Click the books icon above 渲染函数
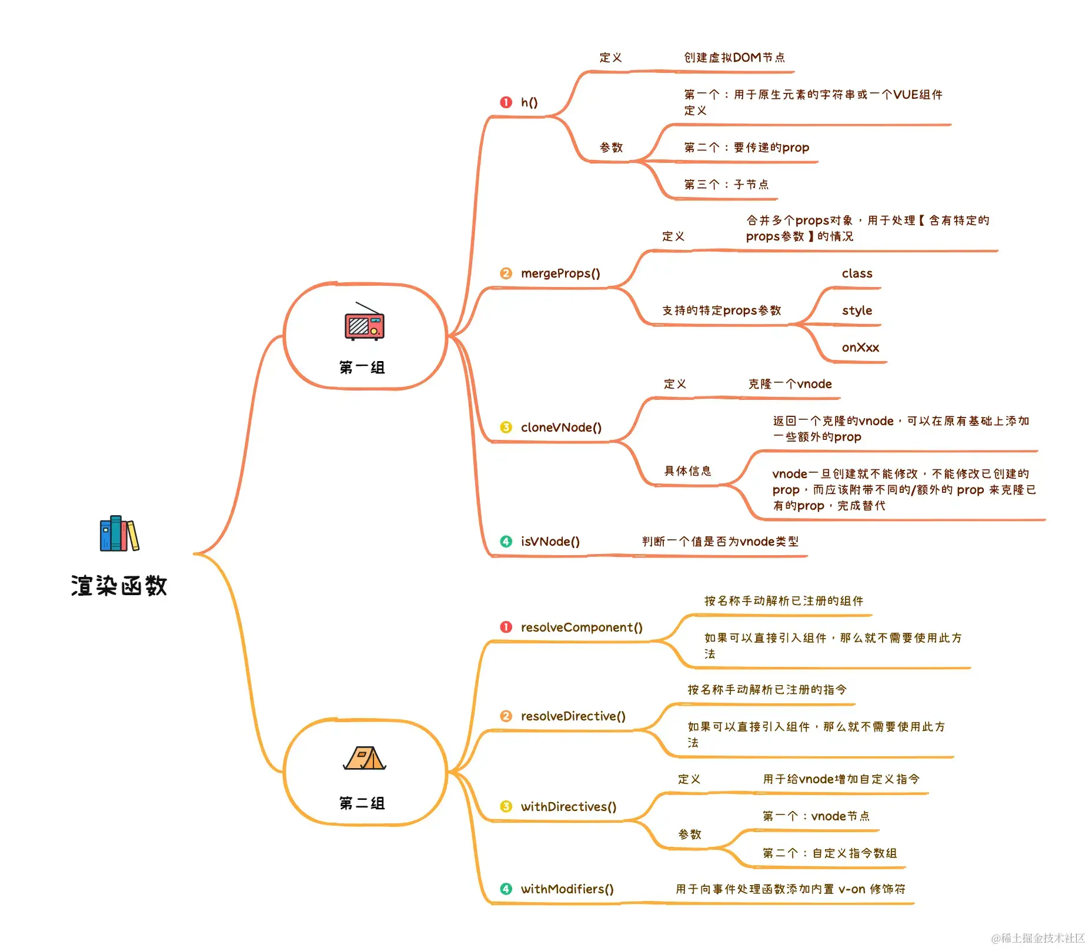119,533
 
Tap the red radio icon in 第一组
365,322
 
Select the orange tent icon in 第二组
365,758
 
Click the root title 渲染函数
119,586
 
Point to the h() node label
529,102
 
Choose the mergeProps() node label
560,273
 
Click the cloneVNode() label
561,428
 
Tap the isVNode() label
550,542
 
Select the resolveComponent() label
582,627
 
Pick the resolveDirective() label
573,716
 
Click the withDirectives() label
569,807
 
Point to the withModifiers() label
567,889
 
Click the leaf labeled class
857,273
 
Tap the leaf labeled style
857,311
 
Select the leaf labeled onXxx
860,348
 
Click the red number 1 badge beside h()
506,102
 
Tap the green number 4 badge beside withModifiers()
506,889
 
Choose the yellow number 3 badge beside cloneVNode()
506,428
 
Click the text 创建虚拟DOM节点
734,58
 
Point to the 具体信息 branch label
687,471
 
